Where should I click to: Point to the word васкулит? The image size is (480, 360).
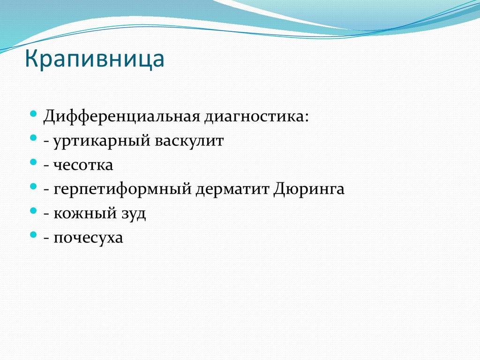(187, 141)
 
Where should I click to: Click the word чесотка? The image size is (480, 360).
(83, 165)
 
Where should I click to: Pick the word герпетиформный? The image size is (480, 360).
(121, 189)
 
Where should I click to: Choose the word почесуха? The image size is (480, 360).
(89, 238)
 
